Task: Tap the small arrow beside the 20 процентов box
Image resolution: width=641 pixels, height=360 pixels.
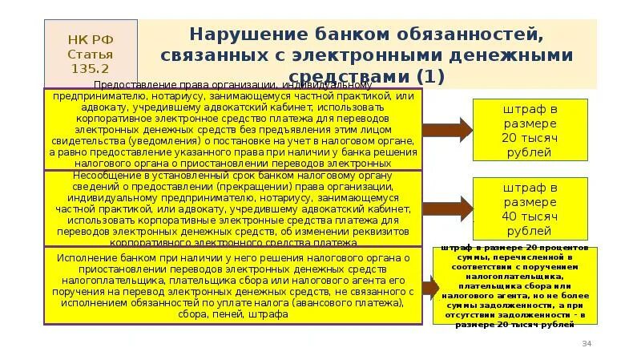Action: pyautogui.click(x=429, y=286)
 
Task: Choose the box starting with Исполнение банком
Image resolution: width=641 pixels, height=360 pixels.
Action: pyautogui.click(x=232, y=286)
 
